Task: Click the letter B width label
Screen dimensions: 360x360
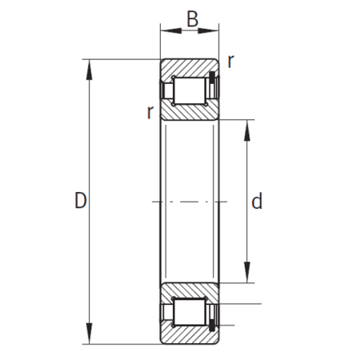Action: tap(192, 19)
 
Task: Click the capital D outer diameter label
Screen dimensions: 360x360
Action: tap(80, 200)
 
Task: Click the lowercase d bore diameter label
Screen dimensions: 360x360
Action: tap(257, 201)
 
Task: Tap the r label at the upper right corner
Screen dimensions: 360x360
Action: tap(231, 61)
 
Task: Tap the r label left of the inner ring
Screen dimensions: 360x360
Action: tap(150, 112)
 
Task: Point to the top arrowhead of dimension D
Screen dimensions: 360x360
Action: tap(89, 70)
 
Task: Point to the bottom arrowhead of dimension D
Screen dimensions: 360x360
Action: tap(89, 334)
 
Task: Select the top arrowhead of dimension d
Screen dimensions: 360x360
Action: tap(247, 130)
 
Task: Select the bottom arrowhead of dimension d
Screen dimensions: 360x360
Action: tap(247, 273)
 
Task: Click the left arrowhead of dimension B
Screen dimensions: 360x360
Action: tap(171, 30)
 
